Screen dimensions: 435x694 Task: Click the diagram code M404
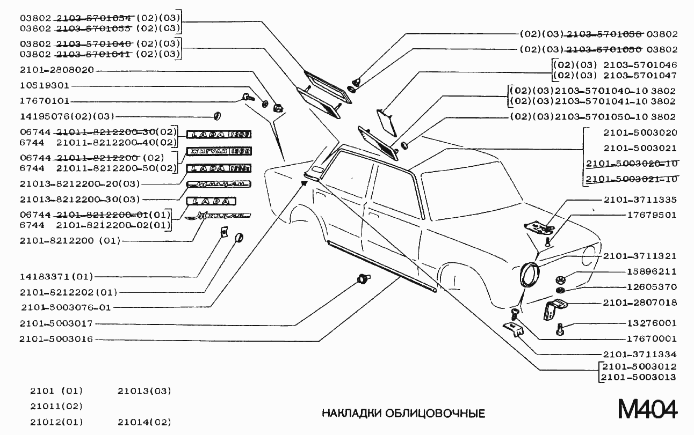(647, 410)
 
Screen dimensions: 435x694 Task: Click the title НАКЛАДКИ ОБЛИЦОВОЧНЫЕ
(403, 414)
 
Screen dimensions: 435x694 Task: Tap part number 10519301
(45, 85)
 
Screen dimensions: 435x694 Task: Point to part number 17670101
(45, 101)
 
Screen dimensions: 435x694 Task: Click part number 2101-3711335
(640, 200)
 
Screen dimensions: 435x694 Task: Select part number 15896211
(652, 271)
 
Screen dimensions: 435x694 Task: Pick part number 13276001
(652, 323)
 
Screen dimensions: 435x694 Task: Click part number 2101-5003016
(56, 339)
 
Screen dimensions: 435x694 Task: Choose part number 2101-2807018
(640, 303)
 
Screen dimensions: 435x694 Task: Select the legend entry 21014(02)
(144, 422)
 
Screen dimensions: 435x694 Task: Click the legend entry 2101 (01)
(56, 390)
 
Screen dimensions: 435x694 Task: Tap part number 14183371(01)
(56, 277)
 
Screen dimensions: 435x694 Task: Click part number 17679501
(652, 215)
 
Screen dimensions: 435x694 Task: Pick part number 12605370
(652, 287)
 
